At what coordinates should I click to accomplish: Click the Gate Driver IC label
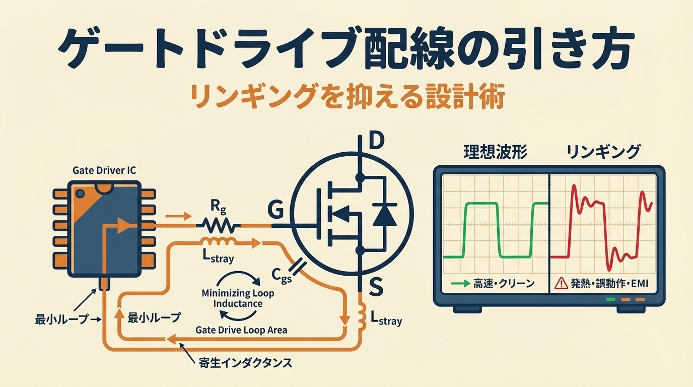click(104, 171)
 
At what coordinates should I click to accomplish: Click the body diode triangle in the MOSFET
click(384, 216)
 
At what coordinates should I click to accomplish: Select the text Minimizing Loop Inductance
click(238, 298)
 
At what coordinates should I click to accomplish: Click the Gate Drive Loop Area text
click(241, 330)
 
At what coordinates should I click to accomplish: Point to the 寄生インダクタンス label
click(245, 362)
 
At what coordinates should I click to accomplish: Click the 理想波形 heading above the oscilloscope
click(495, 152)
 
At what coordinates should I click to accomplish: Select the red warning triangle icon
click(561, 284)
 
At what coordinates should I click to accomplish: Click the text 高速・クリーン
click(504, 284)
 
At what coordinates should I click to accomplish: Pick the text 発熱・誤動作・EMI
click(610, 284)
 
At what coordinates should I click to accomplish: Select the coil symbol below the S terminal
click(361, 315)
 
